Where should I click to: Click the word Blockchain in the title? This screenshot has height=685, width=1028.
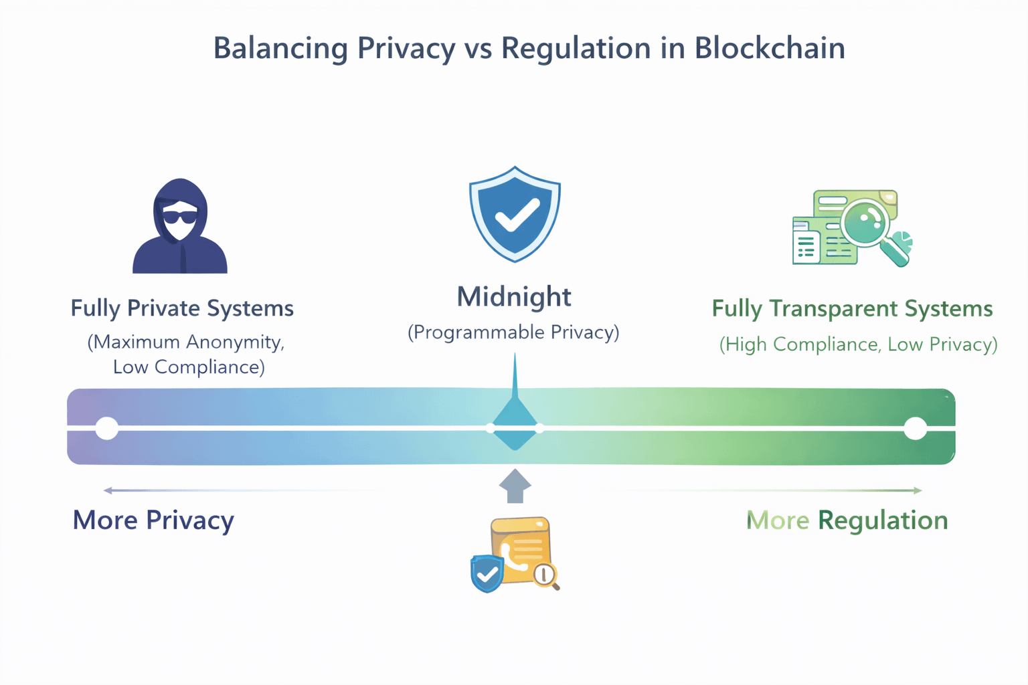click(769, 48)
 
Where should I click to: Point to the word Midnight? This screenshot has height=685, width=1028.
click(514, 297)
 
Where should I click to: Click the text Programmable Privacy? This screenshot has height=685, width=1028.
click(513, 332)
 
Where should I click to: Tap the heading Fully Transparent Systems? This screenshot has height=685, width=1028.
click(852, 309)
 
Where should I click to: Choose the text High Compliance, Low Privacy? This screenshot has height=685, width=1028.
click(858, 345)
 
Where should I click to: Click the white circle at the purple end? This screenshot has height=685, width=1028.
click(107, 429)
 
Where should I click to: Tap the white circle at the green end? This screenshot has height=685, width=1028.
click(916, 429)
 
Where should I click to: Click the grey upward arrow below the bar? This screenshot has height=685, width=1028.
click(515, 486)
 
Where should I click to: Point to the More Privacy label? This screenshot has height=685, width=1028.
click(153, 520)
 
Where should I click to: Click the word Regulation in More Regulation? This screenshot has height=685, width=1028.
click(883, 520)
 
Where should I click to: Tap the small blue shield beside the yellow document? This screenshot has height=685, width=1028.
click(487, 573)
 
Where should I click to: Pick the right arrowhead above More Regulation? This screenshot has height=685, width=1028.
click(918, 490)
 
